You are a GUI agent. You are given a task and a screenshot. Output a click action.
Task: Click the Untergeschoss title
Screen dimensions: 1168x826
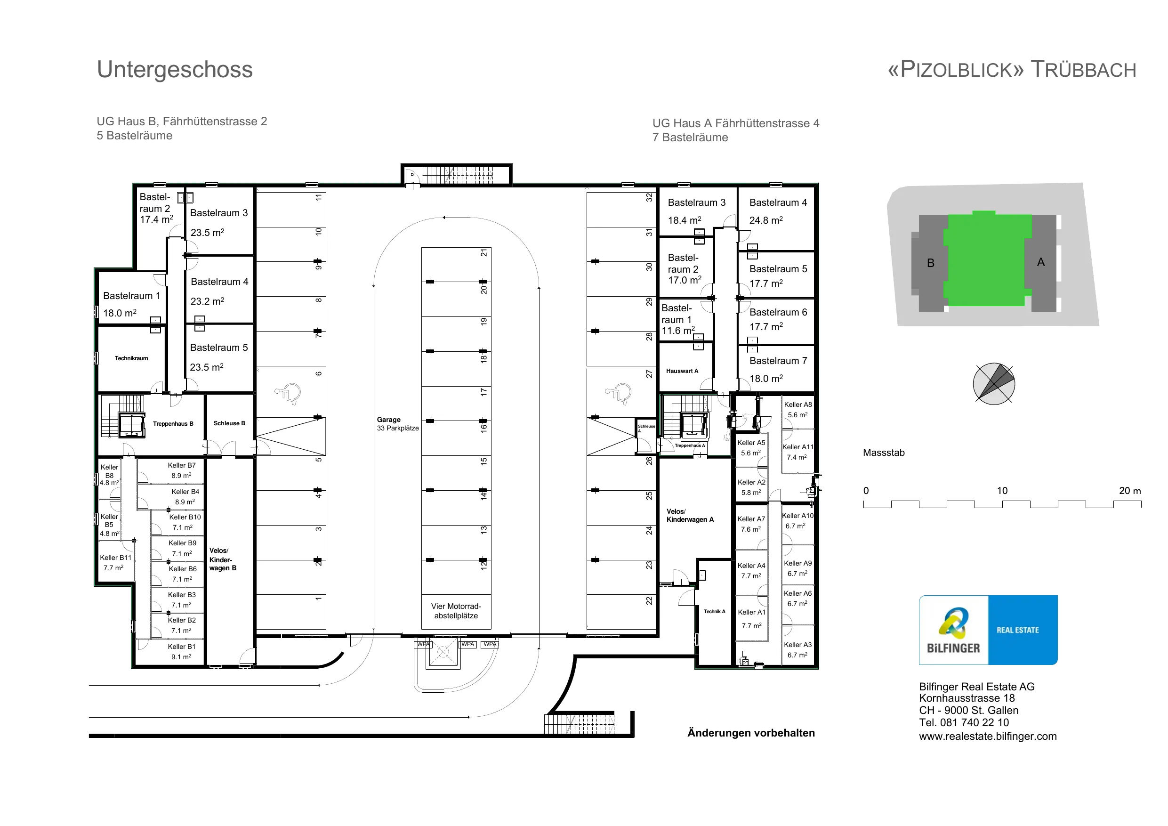pyautogui.click(x=175, y=70)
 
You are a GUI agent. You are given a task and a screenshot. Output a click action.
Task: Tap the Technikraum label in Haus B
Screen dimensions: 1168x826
pyautogui.click(x=131, y=358)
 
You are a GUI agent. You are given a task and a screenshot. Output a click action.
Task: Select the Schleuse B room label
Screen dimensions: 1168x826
pyautogui.click(x=229, y=423)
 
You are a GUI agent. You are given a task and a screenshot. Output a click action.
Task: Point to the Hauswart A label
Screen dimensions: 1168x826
pyautogui.click(x=682, y=371)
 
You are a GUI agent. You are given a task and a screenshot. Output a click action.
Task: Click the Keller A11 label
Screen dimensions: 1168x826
pyautogui.click(x=797, y=447)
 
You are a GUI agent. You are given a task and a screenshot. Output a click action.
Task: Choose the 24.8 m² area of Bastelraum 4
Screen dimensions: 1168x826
pyautogui.click(x=766, y=220)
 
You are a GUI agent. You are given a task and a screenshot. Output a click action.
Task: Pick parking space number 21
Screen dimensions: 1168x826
pyautogui.click(x=484, y=253)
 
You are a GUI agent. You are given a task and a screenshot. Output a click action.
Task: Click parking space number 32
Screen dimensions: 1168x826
pyautogui.click(x=649, y=197)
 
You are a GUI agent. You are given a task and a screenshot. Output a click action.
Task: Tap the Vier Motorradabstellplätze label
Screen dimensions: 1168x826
pyautogui.click(x=456, y=611)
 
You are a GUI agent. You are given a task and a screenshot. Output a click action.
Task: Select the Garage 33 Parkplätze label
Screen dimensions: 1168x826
pyautogui.click(x=398, y=424)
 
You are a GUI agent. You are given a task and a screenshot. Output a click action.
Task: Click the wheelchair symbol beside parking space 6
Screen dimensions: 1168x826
pyautogui.click(x=288, y=393)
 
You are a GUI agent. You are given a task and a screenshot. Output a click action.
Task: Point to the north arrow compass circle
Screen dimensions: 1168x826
pyautogui.click(x=994, y=384)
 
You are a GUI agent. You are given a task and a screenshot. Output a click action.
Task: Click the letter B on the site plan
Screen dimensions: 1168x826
pyautogui.click(x=930, y=263)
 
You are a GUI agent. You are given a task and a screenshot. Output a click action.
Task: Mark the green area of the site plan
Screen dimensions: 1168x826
pyautogui.click(x=987, y=259)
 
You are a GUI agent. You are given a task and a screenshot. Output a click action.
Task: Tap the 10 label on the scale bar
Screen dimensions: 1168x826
pyautogui.click(x=1002, y=491)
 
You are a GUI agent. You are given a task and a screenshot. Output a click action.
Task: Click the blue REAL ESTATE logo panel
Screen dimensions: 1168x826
pyautogui.click(x=1023, y=630)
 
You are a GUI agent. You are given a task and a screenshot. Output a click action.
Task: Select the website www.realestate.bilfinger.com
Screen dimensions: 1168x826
pyautogui.click(x=988, y=737)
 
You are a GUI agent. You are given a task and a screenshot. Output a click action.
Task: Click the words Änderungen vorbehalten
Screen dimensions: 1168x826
pyautogui.click(x=751, y=733)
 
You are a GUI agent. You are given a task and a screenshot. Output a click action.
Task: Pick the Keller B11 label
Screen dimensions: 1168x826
pyautogui.click(x=115, y=558)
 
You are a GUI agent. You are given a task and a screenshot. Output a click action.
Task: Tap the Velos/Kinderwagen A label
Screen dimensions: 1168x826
pyautogui.click(x=690, y=516)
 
